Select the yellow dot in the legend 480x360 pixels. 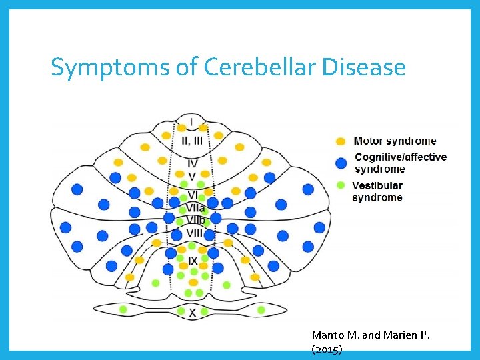(341, 141)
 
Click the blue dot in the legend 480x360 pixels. (341, 163)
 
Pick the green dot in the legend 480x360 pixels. (341, 185)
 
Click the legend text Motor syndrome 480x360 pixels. (395, 141)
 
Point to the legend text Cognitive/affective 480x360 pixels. (401, 157)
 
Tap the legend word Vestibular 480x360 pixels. (377, 185)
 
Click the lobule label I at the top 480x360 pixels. (191, 122)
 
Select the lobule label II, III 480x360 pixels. (192, 141)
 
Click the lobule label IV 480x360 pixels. (192, 163)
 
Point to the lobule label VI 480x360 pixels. (193, 195)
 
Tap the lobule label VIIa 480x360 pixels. (195, 208)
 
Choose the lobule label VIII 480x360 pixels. (194, 233)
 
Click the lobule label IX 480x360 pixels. (193, 261)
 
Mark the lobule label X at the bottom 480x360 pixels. (193, 312)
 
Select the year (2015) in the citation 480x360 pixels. (327, 350)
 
